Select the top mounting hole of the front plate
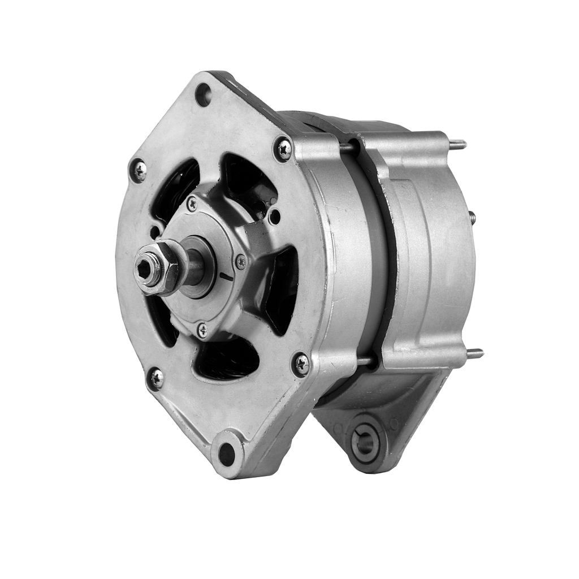pos(203,94)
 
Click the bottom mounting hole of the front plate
pos(227,453)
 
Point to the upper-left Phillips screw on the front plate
pos(138,170)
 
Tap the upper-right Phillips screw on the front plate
pos(283,149)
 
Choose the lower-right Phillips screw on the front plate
pos(301,364)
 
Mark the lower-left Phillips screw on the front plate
pos(155,378)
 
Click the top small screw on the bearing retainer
pos(192,204)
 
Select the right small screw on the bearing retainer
pos(241,261)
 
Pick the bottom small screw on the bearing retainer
pos(202,330)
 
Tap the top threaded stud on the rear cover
pos(458,145)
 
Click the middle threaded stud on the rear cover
pos(472,218)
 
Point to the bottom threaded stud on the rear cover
pos(474,353)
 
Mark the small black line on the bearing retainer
pos(226,276)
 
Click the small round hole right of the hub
pos(274,215)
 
